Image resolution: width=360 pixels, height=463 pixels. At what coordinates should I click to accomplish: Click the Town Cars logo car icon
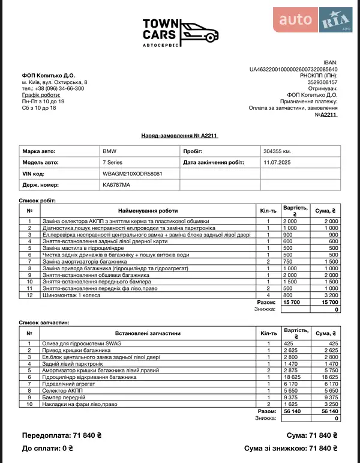pyautogui.click(x=198, y=30)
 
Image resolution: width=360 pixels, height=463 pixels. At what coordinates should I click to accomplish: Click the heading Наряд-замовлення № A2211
pyautogui.click(x=179, y=136)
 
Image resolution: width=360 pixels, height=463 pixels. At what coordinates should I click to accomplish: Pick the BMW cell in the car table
pyautogui.click(x=110, y=151)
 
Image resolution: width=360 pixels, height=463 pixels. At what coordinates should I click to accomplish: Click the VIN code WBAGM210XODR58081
pyautogui.click(x=133, y=174)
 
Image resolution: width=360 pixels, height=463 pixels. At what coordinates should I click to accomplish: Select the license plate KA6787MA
pyautogui.click(x=116, y=185)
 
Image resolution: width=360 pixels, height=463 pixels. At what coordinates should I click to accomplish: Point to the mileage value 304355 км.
pyautogui.click(x=277, y=151)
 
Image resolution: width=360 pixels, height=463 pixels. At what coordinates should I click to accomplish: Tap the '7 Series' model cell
pyautogui.click(x=114, y=162)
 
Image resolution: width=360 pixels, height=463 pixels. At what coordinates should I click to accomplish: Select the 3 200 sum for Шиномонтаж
pyautogui.click(x=329, y=295)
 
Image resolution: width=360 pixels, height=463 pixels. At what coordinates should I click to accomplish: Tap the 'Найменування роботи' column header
pyautogui.click(x=148, y=211)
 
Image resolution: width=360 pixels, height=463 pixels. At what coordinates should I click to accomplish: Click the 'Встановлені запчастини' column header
pyautogui.click(x=148, y=333)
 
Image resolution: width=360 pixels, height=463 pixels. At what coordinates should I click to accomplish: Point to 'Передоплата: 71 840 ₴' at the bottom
pyautogui.click(x=62, y=435)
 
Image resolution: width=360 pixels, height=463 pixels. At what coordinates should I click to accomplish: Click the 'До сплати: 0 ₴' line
pyautogui.click(x=47, y=447)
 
